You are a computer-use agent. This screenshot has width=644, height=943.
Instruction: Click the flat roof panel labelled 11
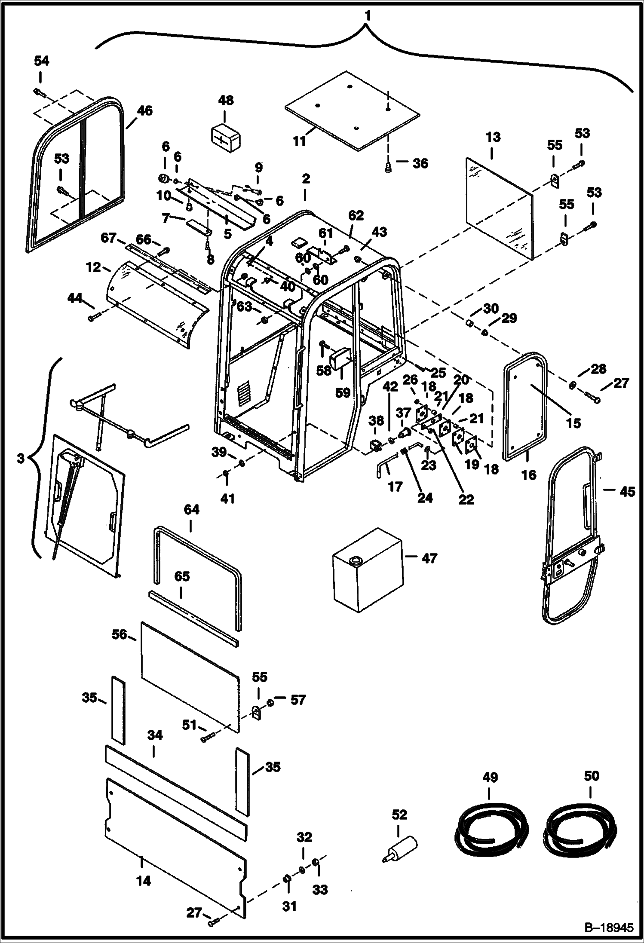point(353,112)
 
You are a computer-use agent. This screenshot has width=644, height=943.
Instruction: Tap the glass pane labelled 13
point(499,206)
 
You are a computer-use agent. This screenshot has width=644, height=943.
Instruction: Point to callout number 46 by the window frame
point(144,110)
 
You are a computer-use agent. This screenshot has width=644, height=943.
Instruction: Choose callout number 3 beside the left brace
point(20,459)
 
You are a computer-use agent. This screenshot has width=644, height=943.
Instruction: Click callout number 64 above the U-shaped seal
point(191,510)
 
